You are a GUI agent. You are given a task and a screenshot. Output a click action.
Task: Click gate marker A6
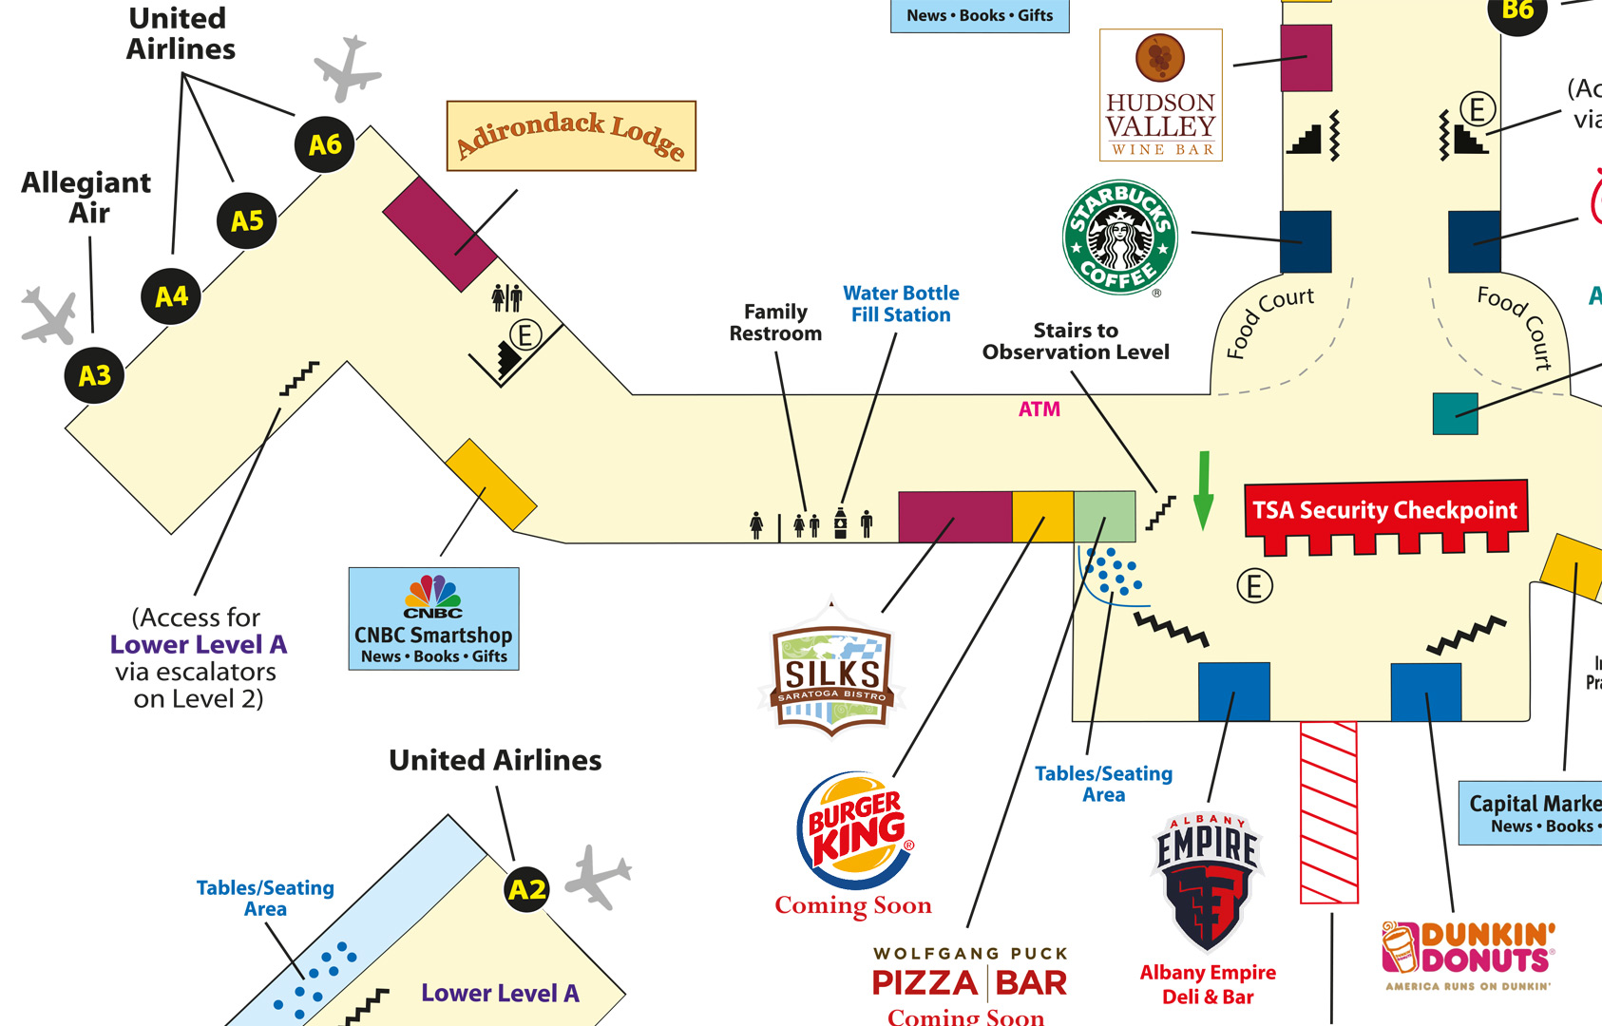325,144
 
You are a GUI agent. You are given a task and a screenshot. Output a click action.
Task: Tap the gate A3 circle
95,375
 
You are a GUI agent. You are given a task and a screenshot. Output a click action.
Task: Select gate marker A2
527,889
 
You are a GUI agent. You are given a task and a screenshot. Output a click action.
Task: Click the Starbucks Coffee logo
1120,237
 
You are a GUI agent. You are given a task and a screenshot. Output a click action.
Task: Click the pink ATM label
1039,409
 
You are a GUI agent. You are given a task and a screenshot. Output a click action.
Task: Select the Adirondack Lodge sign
571,136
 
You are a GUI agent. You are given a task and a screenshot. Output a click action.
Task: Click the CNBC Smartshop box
433,618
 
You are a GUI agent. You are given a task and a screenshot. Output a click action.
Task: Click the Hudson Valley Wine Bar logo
1160,95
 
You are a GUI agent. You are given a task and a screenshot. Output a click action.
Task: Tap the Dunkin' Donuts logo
1467,953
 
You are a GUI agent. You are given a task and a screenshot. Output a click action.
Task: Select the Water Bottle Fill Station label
901,304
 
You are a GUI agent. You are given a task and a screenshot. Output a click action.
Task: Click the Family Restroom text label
775,322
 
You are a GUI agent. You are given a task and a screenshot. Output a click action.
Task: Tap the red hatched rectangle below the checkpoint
1328,812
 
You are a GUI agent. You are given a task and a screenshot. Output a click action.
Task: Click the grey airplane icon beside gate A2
597,876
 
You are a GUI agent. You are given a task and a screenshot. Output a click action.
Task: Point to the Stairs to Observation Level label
1076,341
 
